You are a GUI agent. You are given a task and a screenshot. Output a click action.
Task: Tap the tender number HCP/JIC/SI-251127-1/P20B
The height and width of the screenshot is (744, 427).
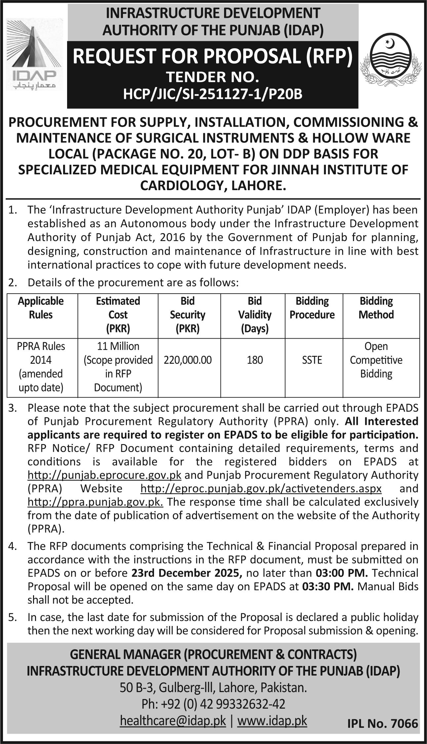point(213,95)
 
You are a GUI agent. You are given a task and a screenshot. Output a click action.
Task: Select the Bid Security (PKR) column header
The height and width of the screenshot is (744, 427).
point(187,314)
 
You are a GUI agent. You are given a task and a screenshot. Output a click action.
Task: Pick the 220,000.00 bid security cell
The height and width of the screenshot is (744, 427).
point(188,360)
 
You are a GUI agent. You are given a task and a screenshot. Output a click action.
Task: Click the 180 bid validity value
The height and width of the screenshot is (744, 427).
point(254,360)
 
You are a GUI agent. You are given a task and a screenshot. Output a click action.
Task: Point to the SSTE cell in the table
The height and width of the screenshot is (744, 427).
point(312,360)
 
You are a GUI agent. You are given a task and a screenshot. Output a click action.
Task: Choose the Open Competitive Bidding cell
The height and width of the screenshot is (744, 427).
point(376,360)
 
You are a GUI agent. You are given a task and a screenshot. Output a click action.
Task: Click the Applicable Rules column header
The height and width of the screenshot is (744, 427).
point(41,308)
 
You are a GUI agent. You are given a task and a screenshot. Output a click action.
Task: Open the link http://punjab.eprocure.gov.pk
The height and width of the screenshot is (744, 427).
point(104,475)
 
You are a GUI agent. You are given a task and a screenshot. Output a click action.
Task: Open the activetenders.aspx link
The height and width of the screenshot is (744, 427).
point(261,488)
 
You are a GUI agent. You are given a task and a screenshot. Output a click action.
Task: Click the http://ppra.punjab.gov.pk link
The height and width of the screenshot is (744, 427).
point(95,502)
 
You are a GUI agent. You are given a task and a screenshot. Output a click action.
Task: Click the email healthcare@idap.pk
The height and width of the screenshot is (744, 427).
point(173,721)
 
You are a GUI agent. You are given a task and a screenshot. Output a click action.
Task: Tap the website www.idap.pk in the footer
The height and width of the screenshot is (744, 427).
point(272,721)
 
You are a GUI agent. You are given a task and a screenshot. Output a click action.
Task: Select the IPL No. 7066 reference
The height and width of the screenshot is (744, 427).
point(383,724)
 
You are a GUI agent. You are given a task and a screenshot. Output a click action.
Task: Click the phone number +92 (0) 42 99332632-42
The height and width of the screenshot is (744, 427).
point(213,704)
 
